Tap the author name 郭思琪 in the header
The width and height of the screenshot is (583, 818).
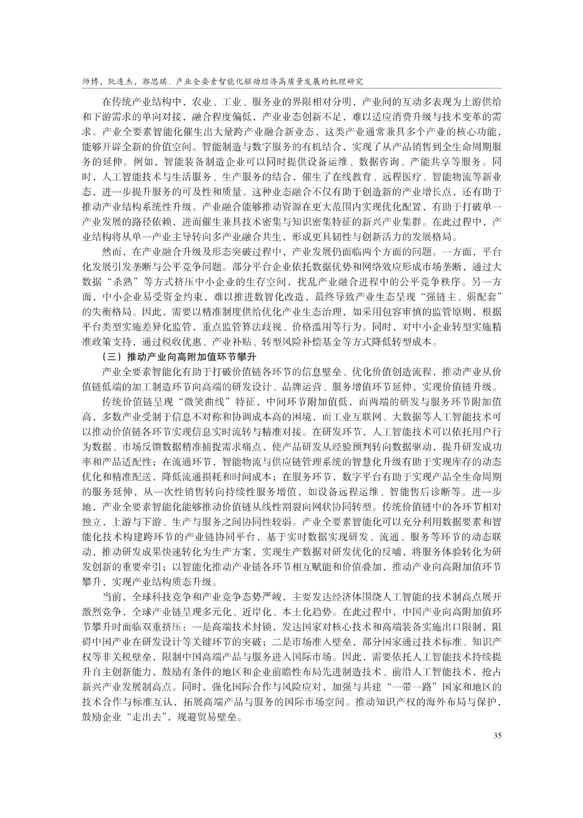tap(153, 81)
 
